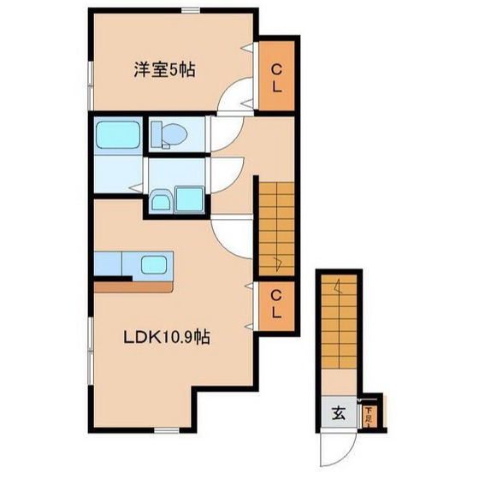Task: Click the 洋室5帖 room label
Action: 163,70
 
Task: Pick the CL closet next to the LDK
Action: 277,304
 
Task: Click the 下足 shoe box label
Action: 369,416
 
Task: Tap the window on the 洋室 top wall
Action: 191,10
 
